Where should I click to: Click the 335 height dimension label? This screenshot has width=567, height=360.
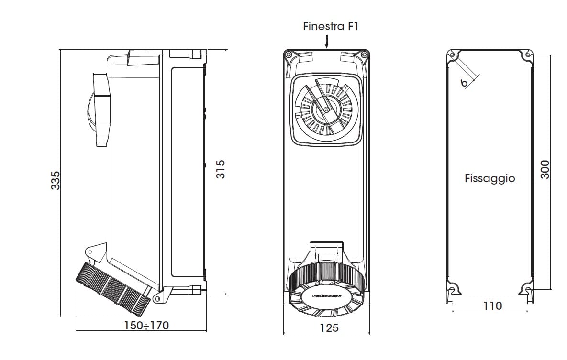pyautogui.click(x=56, y=180)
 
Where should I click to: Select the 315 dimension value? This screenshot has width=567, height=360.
pyautogui.click(x=221, y=170)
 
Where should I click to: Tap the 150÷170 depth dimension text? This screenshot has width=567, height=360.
pyautogui.click(x=146, y=326)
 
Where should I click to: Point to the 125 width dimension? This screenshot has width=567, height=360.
pyautogui.click(x=329, y=327)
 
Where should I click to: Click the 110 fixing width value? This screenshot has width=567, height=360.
pyautogui.click(x=492, y=305)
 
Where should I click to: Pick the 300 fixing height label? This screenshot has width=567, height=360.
pyautogui.click(x=545, y=170)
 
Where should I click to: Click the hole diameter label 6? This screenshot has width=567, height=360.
pyautogui.click(x=464, y=83)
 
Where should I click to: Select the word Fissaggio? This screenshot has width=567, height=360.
pyautogui.click(x=489, y=178)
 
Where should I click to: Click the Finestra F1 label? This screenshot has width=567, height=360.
pyautogui.click(x=331, y=26)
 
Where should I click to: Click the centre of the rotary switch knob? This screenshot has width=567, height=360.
pyautogui.click(x=326, y=110)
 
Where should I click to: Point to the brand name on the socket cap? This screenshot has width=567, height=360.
pyautogui.click(x=327, y=296)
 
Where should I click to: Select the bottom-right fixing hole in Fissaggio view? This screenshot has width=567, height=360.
pyautogui.click(x=528, y=289)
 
